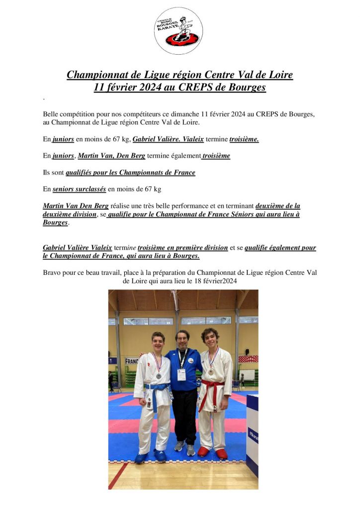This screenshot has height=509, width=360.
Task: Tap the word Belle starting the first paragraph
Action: click(51, 114)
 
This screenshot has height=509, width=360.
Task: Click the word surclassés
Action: click(80, 189)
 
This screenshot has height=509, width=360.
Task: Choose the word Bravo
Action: click(53, 272)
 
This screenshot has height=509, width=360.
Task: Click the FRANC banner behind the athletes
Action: click(131, 361)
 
